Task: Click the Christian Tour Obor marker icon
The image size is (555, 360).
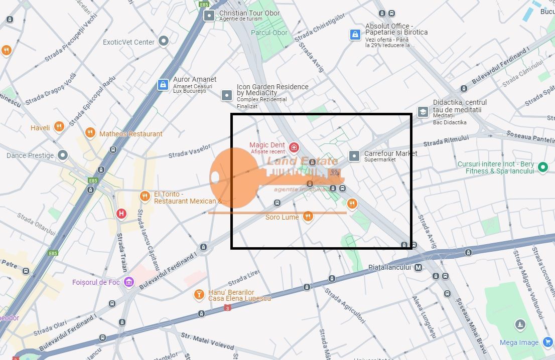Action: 209,16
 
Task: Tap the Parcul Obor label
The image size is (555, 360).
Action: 269,33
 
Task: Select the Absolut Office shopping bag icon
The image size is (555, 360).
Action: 355,34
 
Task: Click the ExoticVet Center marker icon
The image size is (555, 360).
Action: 164,42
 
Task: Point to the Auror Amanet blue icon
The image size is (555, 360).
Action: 163,85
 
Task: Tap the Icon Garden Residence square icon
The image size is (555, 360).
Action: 227,95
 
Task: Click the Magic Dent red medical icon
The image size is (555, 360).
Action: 294,147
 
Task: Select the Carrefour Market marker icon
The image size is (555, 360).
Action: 355,156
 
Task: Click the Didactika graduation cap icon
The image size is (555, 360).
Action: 423,112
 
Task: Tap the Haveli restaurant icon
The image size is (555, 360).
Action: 59,127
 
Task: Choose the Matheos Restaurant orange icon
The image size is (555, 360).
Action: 90,133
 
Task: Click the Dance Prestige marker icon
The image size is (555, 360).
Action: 63,155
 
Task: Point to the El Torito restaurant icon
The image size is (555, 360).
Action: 145,196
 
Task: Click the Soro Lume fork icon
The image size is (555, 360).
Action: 308,217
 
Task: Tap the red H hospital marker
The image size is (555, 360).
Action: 121,214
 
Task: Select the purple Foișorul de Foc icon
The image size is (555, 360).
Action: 129,282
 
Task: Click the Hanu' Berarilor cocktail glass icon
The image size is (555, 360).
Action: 199,294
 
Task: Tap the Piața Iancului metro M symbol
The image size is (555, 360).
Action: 419,267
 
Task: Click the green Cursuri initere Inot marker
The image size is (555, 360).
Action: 542,167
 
